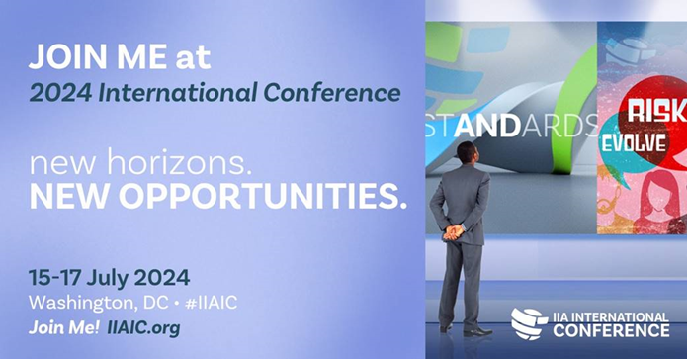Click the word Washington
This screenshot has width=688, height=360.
pyautogui.click(x=74, y=301)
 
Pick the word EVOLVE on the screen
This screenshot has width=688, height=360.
pyautogui.click(x=633, y=144)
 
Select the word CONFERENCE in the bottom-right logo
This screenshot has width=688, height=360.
pyautogui.click(x=610, y=330)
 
